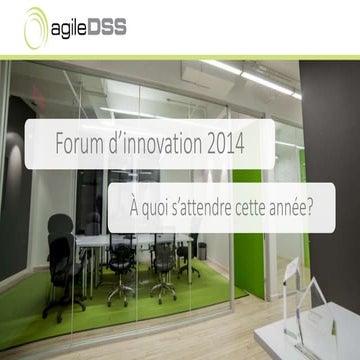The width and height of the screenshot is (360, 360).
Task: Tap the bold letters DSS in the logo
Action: coord(105,27)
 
